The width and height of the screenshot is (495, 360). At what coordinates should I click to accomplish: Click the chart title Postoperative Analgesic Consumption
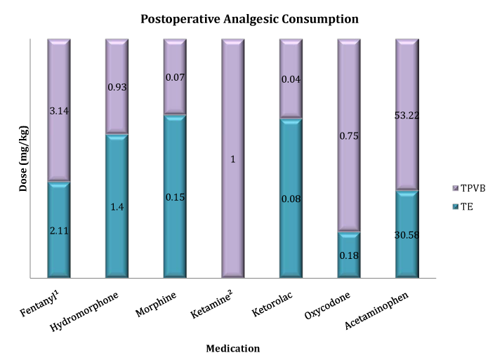click(x=249, y=19)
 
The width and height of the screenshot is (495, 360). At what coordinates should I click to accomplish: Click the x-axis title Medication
click(x=232, y=348)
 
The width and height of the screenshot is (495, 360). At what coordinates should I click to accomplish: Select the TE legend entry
click(x=466, y=206)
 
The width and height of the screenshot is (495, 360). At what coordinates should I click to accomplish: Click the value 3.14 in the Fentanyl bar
click(x=58, y=110)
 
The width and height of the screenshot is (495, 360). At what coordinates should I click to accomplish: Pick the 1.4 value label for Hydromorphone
click(x=117, y=207)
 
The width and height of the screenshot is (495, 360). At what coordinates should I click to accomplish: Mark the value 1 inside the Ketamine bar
click(x=232, y=159)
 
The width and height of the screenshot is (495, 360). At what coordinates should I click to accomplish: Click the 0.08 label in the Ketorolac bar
click(x=291, y=199)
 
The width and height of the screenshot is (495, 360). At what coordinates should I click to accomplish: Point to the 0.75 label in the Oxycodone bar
click(x=349, y=136)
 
